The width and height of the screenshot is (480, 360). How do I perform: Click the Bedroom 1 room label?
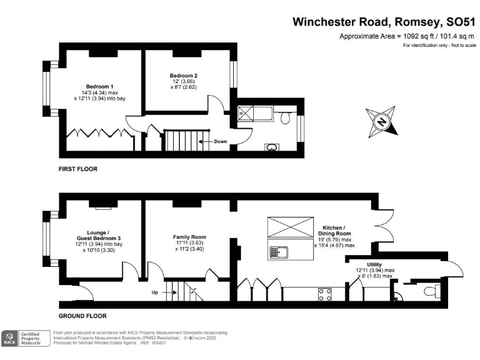click(x=99, y=87)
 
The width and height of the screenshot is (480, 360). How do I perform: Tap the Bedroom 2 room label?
click(x=184, y=76)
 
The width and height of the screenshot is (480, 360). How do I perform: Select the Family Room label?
click(x=189, y=237)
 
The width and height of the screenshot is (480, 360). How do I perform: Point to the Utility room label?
click(x=374, y=264)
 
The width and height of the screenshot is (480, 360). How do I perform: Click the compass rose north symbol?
click(x=382, y=122)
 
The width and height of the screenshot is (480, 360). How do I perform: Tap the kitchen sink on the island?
click(x=278, y=252)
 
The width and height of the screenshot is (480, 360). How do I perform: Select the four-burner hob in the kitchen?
click(x=325, y=294)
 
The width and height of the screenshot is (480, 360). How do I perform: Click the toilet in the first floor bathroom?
click(x=285, y=117)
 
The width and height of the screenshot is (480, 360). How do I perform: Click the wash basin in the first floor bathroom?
click(x=271, y=148)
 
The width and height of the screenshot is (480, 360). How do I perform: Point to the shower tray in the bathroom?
click(x=246, y=114)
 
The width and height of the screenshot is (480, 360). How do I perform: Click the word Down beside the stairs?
click(x=221, y=141)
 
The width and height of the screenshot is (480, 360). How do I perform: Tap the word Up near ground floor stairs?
click(x=155, y=292)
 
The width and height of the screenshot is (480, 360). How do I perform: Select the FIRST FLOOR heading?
click(x=78, y=169)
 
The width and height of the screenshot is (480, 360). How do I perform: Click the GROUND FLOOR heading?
click(x=82, y=316)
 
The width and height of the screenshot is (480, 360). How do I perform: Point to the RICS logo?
click(x=9, y=339)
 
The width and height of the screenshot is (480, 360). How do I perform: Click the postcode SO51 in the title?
click(x=461, y=22)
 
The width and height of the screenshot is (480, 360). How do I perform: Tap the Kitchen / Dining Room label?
click(x=334, y=231)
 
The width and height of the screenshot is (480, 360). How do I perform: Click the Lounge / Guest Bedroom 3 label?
click(x=99, y=236)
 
